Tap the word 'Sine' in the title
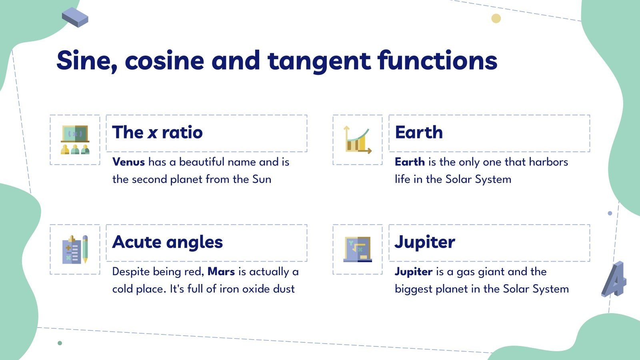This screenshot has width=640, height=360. click(x=84, y=61)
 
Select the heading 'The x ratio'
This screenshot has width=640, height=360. click(x=158, y=132)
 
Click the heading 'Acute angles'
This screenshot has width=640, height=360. click(x=167, y=242)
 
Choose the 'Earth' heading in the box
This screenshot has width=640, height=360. click(x=419, y=132)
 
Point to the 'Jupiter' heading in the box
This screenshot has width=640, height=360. click(x=425, y=242)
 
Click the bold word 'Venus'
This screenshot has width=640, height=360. click(x=128, y=162)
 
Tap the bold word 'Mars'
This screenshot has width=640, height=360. click(x=221, y=272)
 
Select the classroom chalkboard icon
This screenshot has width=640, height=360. click(x=75, y=140)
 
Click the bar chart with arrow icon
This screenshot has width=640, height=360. click(x=358, y=140)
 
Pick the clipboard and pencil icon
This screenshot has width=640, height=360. click(x=75, y=249)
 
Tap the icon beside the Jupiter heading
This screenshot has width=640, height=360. click(x=358, y=249)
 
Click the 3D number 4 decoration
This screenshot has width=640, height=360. click(x=614, y=280)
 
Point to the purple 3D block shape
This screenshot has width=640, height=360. click(x=75, y=17)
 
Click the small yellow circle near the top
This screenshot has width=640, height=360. click(x=496, y=18)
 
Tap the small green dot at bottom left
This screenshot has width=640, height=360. click(x=60, y=343)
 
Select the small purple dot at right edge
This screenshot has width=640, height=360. click(x=610, y=213)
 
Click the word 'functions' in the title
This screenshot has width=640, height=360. click(x=437, y=61)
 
